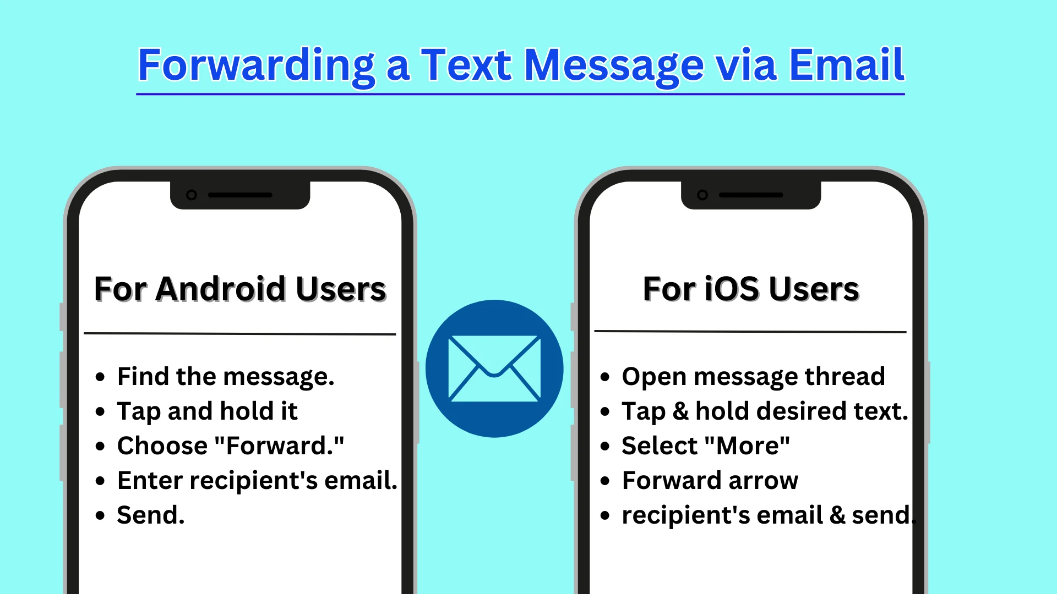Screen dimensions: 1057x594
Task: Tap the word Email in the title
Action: [x=847, y=65]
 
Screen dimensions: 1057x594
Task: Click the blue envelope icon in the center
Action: [x=494, y=369]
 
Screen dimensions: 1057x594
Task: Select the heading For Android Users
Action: [x=240, y=289]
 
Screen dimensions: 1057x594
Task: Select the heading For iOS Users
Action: [x=751, y=289]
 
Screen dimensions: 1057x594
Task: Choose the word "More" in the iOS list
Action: [x=747, y=446]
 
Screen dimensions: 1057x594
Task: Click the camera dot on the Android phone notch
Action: [x=192, y=195]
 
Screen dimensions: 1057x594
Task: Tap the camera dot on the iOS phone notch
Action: [x=702, y=195]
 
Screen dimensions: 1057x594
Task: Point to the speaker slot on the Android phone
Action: [x=240, y=195]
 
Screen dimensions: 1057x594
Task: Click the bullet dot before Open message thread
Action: [x=605, y=377]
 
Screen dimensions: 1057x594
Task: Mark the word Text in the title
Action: [x=467, y=65]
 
